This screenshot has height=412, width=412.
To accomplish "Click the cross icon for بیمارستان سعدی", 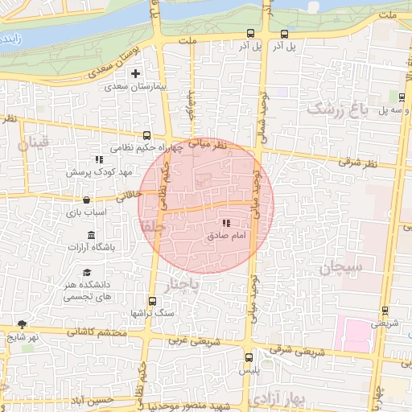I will [146, 75].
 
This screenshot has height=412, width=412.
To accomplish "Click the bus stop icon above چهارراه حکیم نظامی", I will [146, 136].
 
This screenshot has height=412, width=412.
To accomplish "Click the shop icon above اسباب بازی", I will [86, 201].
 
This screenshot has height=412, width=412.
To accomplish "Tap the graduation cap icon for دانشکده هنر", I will [86, 272].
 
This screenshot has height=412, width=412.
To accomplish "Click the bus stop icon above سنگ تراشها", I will [151, 298].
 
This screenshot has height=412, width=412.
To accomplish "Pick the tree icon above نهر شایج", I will [21, 324].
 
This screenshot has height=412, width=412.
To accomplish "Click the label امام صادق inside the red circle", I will [226, 237].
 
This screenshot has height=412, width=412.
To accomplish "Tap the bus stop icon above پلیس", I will [248, 357].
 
